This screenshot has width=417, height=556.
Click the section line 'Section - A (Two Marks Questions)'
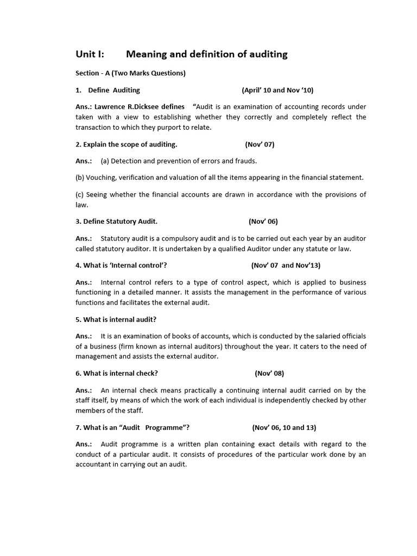click(130, 73)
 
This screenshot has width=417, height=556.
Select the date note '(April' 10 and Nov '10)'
click(277, 90)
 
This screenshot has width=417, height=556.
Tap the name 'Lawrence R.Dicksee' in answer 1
click(133, 107)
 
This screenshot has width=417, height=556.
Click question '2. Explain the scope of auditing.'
click(127, 144)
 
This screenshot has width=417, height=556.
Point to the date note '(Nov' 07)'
click(260, 144)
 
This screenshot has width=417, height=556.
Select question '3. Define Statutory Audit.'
click(117, 222)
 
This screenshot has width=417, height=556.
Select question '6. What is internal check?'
click(117, 374)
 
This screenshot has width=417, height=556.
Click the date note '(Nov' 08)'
click(269, 374)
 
